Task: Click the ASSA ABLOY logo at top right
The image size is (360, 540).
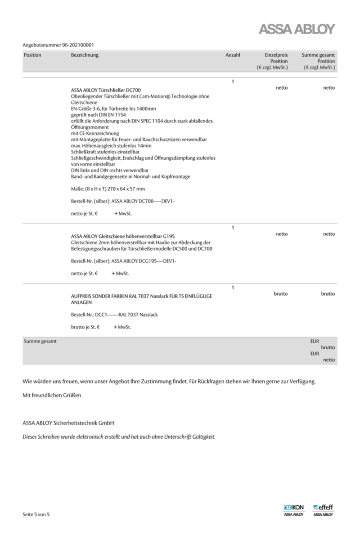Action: [297, 30]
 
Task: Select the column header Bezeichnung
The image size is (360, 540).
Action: [85, 55]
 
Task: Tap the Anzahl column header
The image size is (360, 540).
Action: [233, 55]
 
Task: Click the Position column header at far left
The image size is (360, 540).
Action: [32, 55]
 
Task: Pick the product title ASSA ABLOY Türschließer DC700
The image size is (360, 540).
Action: [106, 90]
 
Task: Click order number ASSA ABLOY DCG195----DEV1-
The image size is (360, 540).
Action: [143, 261]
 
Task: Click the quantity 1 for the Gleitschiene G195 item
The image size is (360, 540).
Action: [233, 228]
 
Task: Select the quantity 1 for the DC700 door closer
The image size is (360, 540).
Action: [233, 81]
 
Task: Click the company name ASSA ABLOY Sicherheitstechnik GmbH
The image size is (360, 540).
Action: [68, 423]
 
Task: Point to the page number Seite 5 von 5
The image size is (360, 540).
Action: [36, 514]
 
